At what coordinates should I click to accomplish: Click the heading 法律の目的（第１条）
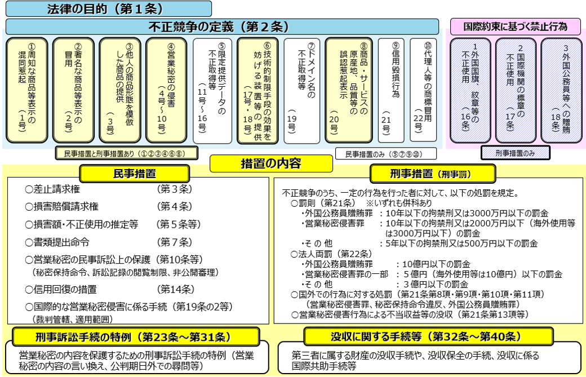[109, 8]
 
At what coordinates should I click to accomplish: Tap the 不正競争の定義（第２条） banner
[222, 27]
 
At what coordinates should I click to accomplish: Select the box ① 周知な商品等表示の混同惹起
[27, 90]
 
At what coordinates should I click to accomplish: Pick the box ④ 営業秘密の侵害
[166, 90]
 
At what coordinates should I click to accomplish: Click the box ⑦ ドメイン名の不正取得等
[302, 91]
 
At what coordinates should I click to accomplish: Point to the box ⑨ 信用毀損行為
[391, 90]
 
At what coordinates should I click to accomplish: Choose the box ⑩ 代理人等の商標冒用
[423, 90]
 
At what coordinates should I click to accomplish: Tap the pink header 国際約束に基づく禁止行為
[516, 27]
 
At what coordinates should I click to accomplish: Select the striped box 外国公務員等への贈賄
[561, 90]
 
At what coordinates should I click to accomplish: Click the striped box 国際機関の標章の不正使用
[516, 90]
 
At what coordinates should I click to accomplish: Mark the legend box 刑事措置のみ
[516, 153]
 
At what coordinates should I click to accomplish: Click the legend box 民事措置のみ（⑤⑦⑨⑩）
[385, 154]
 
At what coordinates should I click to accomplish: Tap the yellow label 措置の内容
[271, 163]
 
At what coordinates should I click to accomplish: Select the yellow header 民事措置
[135, 174]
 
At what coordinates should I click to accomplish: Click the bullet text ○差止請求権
[53, 189]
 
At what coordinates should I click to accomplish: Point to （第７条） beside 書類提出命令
[175, 242]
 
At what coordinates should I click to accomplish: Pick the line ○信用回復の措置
[61, 290]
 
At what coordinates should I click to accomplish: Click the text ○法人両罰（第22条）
[331, 254]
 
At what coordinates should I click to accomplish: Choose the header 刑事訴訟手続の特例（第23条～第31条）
[136, 337]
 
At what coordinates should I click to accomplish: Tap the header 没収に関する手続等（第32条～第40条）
[429, 336]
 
